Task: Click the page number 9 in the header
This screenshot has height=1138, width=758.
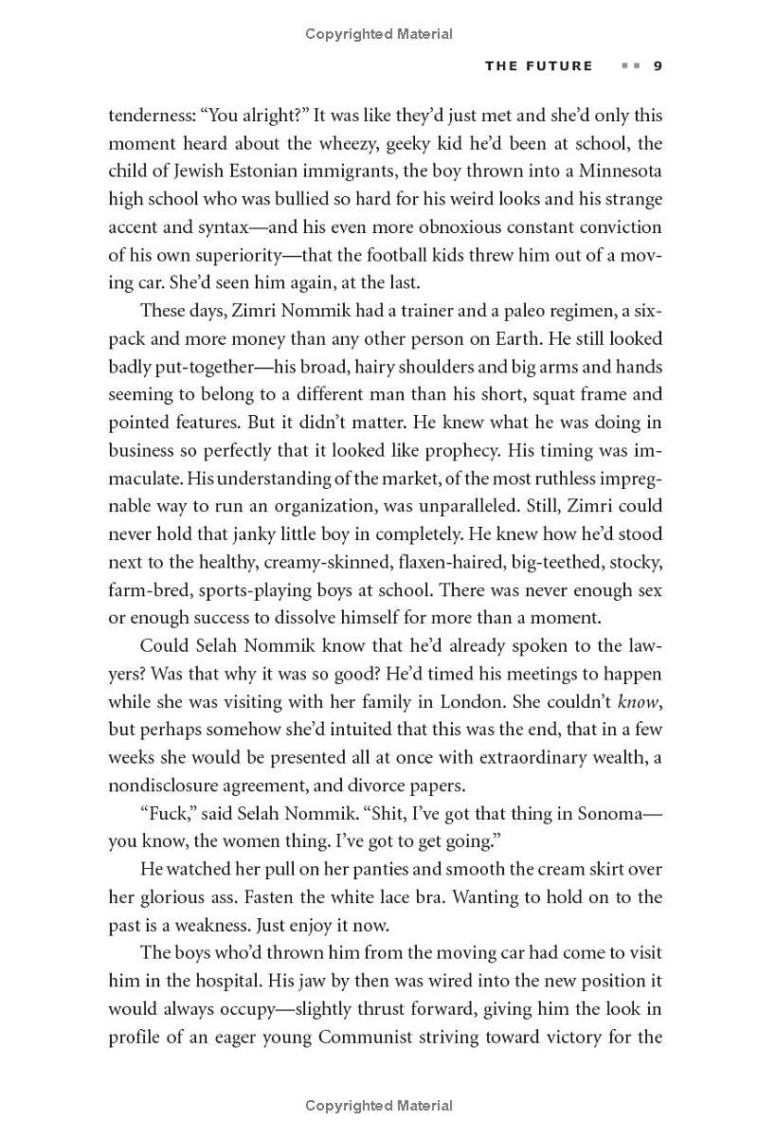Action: (657, 65)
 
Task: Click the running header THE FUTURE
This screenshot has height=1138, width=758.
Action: (538, 65)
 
